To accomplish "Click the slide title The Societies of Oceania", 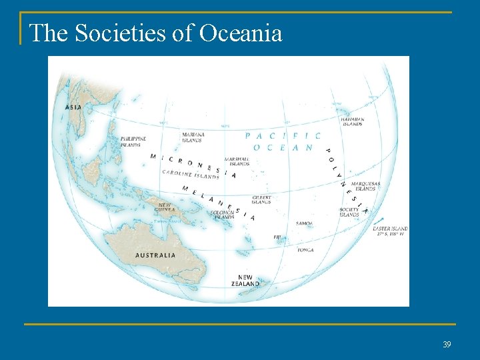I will (x=156, y=33).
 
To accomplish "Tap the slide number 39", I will (x=447, y=344).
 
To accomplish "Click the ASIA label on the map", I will (x=73, y=107).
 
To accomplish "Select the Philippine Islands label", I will (x=131, y=141).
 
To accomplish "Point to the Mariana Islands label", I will (x=193, y=137).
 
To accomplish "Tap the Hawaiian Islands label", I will (x=352, y=121).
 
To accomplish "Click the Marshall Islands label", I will (x=237, y=161).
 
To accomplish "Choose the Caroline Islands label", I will (x=191, y=175).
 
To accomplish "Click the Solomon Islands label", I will (x=223, y=215).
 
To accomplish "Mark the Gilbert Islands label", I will (x=261, y=199).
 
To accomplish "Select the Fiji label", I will (x=277, y=237).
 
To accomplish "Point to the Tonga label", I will (x=305, y=250).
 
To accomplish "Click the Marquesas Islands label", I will (x=365, y=186).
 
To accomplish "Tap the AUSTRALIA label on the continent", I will (x=155, y=255).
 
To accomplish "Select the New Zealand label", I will (x=249, y=281).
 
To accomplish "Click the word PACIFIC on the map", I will (x=283, y=136).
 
